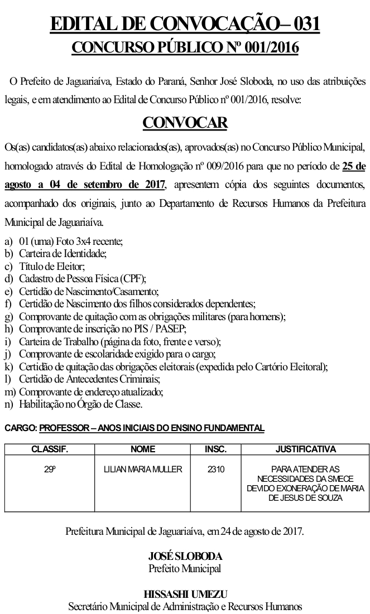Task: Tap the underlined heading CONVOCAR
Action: coord(185,123)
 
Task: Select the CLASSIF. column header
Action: coord(50,449)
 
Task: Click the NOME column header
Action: coord(142,449)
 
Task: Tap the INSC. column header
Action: coord(215,449)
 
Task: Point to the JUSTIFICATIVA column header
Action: coord(305,449)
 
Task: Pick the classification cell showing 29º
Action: coord(50,470)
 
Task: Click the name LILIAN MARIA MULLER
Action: coord(143,470)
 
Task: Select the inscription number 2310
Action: coord(215,470)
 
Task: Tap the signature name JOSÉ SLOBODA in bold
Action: coord(185,557)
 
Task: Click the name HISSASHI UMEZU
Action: coord(185,594)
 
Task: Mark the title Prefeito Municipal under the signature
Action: coord(185,569)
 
